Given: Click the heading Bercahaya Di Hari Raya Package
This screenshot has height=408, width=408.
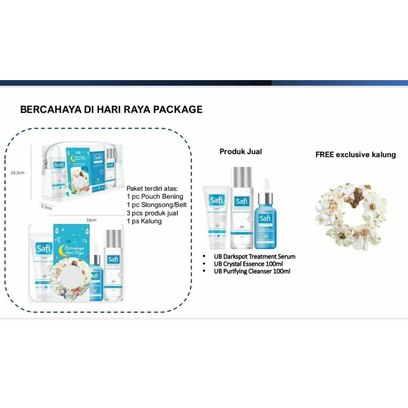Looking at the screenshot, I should click(x=111, y=110).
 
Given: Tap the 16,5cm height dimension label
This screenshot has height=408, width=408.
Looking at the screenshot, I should click(x=18, y=173).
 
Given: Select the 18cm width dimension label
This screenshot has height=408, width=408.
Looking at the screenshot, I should click(x=91, y=220).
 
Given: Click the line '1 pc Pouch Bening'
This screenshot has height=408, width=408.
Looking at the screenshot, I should click(x=155, y=196).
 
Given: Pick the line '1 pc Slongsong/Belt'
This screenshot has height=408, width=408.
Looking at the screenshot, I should click(x=157, y=205).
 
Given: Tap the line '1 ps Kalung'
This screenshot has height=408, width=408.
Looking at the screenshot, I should click(x=144, y=221).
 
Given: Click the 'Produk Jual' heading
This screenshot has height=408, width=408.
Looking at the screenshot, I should click(x=241, y=151).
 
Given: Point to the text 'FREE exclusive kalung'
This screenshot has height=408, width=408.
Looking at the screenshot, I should click(x=355, y=155).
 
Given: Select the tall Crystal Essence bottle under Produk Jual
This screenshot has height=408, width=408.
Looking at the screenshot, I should click(x=242, y=207).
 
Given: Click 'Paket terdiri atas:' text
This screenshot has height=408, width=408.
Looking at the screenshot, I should click(x=153, y=188).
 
